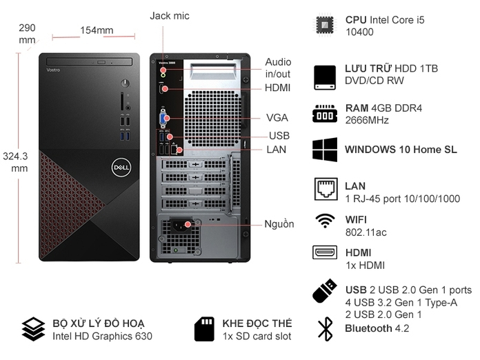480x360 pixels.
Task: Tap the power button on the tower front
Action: [124, 83]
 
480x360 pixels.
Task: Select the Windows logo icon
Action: [325, 150]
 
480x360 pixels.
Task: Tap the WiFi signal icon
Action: [324, 221]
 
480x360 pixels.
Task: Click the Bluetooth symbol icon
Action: [324, 329]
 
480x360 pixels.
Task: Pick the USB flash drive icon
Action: [324, 290]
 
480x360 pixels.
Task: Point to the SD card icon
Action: [204, 329]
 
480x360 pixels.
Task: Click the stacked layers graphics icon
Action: [32, 329]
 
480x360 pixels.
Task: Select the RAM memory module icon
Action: [325, 114]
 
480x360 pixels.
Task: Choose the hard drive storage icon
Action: [325, 74]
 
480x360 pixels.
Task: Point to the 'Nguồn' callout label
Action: [279, 223]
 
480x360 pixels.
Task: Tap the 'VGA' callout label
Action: [278, 117]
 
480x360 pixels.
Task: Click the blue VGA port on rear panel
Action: [164, 118]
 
